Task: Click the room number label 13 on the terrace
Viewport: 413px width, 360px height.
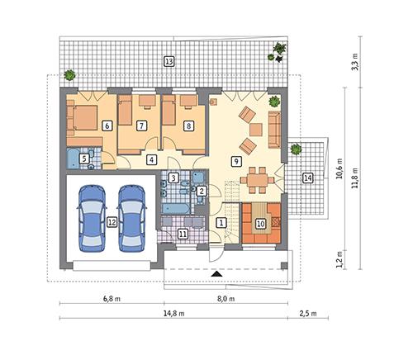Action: pyautogui.click(x=169, y=61)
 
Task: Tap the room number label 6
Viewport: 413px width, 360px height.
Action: pyautogui.click(x=107, y=126)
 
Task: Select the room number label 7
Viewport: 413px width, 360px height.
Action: pyautogui.click(x=142, y=126)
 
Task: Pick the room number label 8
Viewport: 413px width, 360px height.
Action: pyautogui.click(x=189, y=126)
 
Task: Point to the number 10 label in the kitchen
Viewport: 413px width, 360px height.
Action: pyautogui.click(x=260, y=222)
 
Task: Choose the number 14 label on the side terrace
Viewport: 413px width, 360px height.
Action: pyautogui.click(x=307, y=178)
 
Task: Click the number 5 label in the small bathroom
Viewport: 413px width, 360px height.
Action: pyautogui.click(x=83, y=158)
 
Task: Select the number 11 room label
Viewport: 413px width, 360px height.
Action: pyautogui.click(x=183, y=234)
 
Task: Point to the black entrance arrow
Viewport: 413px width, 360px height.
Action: pyautogui.click(x=216, y=273)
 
